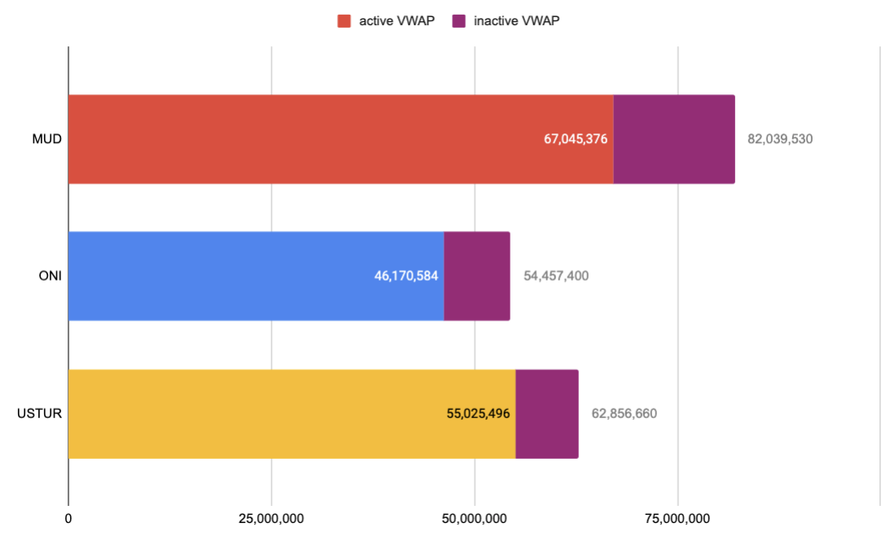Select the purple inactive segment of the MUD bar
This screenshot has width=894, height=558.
674,139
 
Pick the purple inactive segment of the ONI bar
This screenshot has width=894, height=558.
477,276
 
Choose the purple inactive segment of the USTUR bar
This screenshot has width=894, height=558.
547,413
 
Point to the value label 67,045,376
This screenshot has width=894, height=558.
576,139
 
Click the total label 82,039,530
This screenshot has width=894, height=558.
780,139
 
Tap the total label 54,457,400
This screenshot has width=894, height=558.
555,276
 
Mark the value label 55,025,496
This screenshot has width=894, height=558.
478,413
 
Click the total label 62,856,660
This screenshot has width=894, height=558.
624,413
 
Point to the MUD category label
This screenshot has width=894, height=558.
47,139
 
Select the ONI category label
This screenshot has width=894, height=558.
50,276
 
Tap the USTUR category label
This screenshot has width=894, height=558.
40,413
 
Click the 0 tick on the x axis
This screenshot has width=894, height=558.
68,518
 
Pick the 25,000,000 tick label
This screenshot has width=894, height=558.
271,518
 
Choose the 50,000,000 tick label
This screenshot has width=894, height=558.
475,518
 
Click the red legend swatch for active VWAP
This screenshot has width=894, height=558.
344,21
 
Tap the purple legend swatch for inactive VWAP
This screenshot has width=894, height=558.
458,21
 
